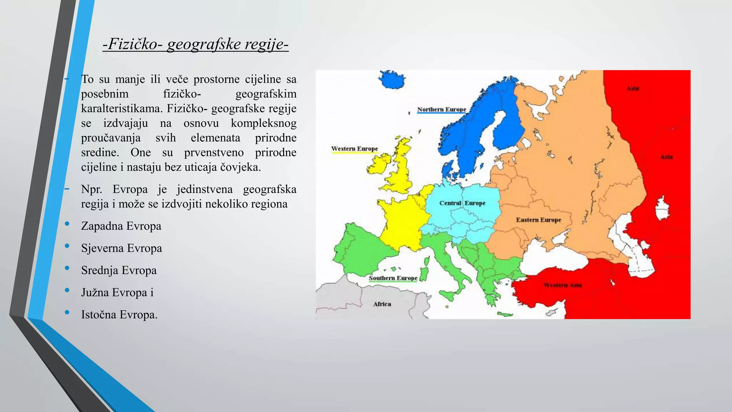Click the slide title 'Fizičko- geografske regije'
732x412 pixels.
coord(196,44)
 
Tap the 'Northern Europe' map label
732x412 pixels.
coord(441,109)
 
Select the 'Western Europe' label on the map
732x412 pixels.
coord(354,149)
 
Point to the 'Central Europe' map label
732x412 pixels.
coord(462,203)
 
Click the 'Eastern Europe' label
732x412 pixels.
coord(538,220)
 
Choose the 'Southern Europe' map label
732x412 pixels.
coord(393,278)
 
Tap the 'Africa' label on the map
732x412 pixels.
coord(382,304)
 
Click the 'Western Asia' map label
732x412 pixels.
coord(563,285)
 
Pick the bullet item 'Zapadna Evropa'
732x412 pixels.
coord(121,226)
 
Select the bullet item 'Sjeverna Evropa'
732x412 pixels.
coord(122,248)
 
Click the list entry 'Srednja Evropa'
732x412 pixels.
coord(119,270)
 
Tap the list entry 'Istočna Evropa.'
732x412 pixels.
coord(119,315)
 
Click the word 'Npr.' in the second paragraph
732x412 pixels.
coord(91,189)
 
